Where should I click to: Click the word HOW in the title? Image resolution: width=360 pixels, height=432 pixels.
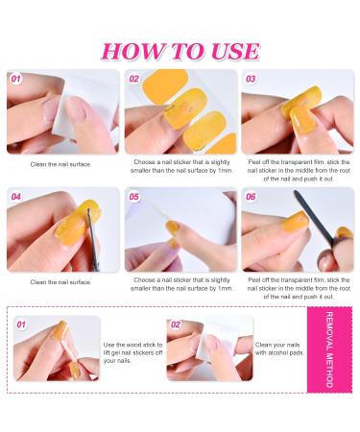(132, 51)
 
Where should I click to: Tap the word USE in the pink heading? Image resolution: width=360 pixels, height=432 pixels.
(228, 51)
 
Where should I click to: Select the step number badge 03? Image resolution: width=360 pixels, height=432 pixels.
(251, 79)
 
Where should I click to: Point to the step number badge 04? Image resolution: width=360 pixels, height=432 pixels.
(16, 197)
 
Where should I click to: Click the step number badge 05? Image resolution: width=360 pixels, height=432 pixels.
(134, 197)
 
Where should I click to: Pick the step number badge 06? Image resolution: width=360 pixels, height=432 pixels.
(251, 197)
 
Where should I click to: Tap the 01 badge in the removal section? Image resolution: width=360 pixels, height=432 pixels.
(21, 324)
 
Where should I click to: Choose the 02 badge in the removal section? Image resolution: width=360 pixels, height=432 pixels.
(176, 324)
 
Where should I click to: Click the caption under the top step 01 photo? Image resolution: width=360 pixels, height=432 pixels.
(60, 164)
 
